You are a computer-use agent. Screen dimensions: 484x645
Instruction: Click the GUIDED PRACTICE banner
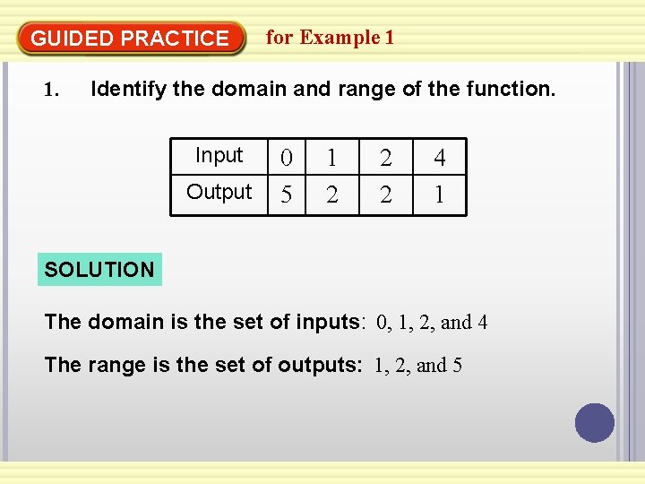coord(131,39)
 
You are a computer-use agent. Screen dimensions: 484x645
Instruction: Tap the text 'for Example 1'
coord(330,38)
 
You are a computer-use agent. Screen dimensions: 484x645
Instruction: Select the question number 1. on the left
coord(52,90)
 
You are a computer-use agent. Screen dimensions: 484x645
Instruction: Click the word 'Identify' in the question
coord(127,89)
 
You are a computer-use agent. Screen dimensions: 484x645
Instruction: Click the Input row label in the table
coord(219,156)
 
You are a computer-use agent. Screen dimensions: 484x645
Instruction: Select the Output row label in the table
coord(219,193)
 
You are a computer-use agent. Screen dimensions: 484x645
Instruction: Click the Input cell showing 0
coord(287,159)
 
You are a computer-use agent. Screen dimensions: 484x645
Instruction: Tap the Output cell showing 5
coord(287,194)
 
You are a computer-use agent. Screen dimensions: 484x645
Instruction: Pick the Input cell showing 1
coord(332,159)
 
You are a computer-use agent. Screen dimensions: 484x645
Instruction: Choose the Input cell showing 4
coord(439,159)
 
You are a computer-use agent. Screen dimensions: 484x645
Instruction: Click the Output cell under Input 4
coord(439,194)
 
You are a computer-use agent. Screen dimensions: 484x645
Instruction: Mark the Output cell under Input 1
coord(332,194)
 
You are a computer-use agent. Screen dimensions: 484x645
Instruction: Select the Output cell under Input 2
coord(385,194)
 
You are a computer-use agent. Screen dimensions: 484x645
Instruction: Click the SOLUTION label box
coord(99,269)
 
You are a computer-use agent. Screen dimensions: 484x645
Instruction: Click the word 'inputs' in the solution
coord(329,322)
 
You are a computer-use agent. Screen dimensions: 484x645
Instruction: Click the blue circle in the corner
coord(595,423)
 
